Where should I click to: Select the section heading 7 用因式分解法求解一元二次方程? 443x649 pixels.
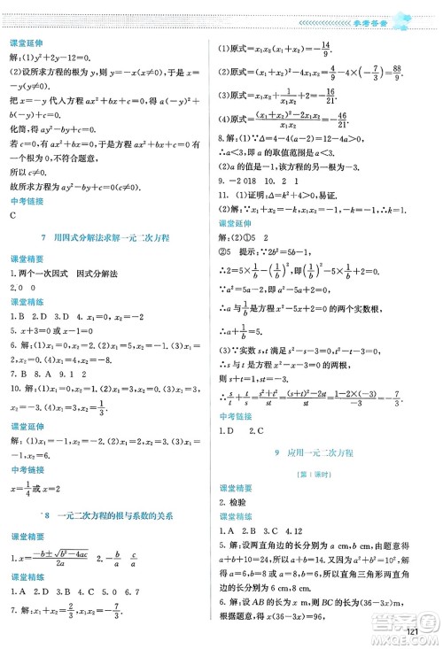pos(111,239)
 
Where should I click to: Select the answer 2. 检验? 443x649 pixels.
pos(235,502)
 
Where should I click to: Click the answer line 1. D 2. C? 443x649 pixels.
pos(242,430)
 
